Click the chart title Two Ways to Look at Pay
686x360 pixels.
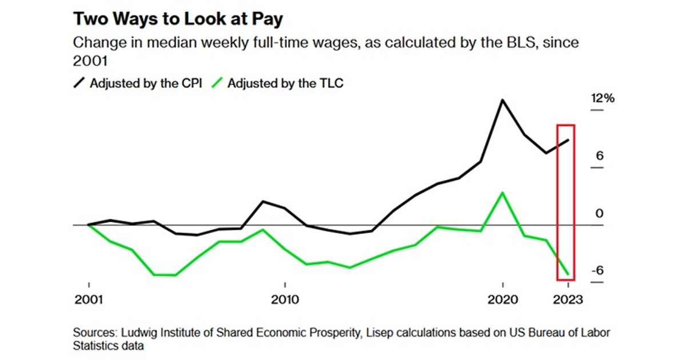tap(178, 18)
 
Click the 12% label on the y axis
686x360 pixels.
tap(603, 98)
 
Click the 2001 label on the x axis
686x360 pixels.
tap(89, 300)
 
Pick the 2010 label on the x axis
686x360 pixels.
tap(284, 300)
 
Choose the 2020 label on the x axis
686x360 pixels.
tap(502, 300)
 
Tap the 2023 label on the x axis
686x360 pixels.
tap(568, 300)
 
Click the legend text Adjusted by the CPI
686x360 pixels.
tap(145, 83)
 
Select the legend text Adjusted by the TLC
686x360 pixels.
tap(285, 83)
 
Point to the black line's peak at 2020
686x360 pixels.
tap(502, 100)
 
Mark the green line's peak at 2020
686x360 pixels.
tap(502, 193)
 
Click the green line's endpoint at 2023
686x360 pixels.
tap(568, 274)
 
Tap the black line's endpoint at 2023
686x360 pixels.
tap(568, 140)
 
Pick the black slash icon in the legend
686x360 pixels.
tap(79, 83)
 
